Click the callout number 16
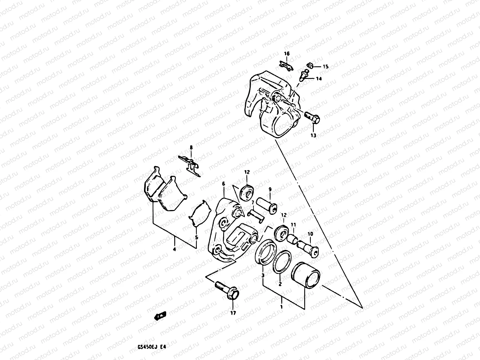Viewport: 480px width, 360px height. click(x=287, y=54)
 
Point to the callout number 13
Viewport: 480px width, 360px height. click(x=313, y=135)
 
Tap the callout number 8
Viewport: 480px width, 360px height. click(x=191, y=148)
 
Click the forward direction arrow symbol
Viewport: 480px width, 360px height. click(x=160, y=316)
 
